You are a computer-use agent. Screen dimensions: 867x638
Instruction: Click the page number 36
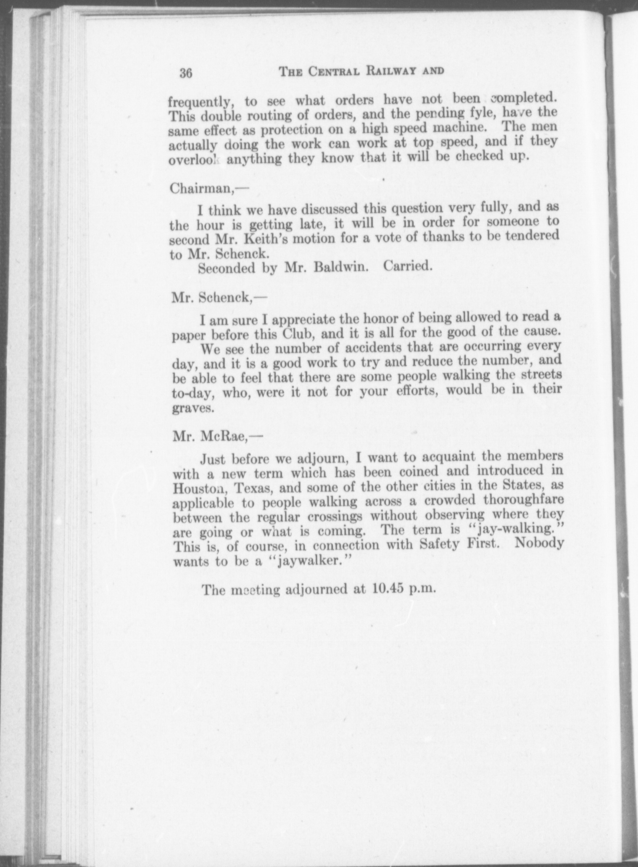pyautogui.click(x=186, y=73)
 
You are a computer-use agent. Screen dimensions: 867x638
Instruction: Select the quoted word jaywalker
pyautogui.click(x=308, y=561)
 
